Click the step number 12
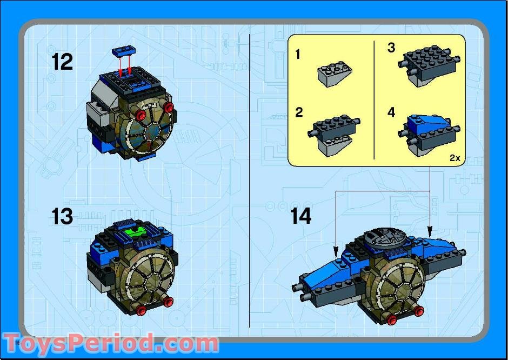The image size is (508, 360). pyautogui.click(x=63, y=62)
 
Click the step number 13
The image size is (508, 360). pyautogui.click(x=63, y=217)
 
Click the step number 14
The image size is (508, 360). pyautogui.click(x=301, y=216)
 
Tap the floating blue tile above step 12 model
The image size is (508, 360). pyautogui.click(x=123, y=51)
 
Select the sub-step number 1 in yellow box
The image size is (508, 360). pyautogui.click(x=298, y=55)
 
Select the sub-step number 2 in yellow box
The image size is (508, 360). pyautogui.click(x=299, y=112)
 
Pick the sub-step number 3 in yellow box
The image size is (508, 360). pyautogui.click(x=391, y=48)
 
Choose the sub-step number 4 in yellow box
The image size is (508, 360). pyautogui.click(x=391, y=112)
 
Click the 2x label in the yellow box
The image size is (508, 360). pyautogui.click(x=454, y=158)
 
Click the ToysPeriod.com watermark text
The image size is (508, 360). pyautogui.click(x=111, y=343)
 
